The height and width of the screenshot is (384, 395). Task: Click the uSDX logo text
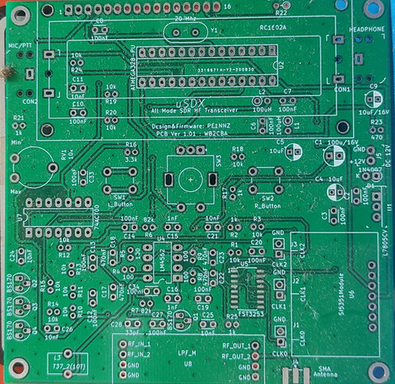click(x=186, y=103)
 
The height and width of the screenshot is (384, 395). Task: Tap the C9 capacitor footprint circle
click(x=374, y=100)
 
